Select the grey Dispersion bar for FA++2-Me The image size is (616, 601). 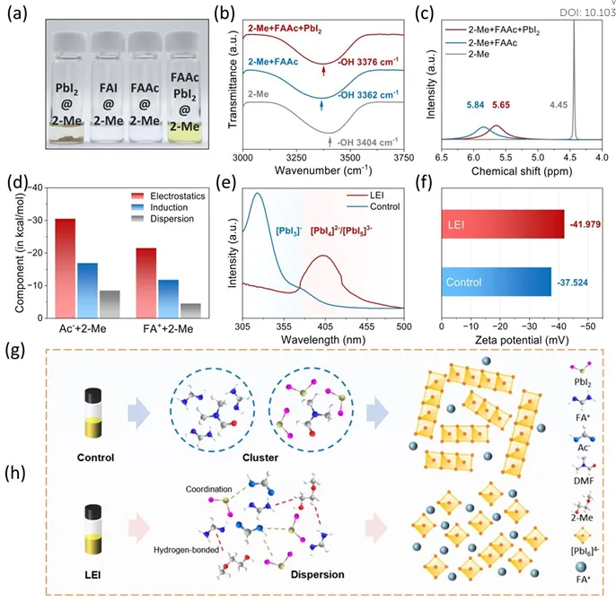click(x=190, y=309)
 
